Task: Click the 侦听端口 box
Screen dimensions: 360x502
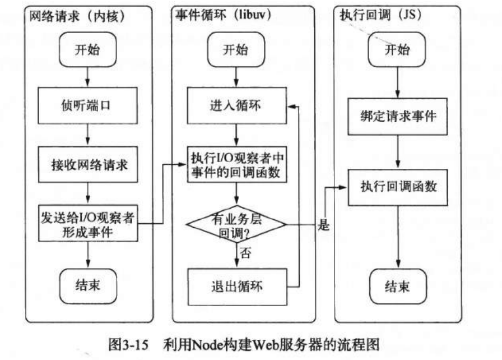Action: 88,106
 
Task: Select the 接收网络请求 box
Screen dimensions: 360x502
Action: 88,165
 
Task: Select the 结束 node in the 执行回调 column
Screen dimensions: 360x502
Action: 397,288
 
